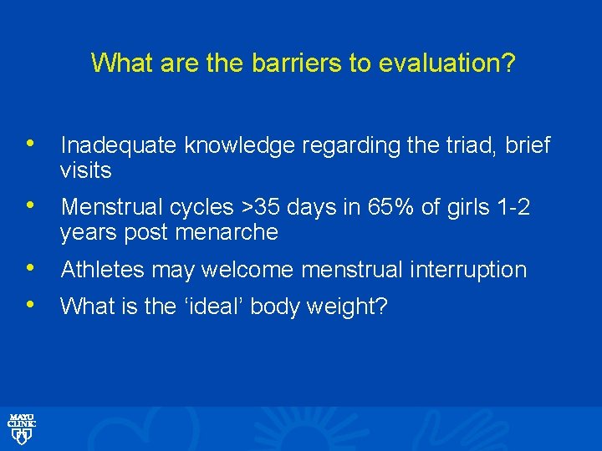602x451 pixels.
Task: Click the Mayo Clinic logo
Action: click(x=22, y=427)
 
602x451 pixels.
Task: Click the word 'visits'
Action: click(x=85, y=171)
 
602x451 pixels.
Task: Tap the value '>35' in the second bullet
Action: click(x=245, y=207)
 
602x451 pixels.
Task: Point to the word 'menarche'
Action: click(x=227, y=232)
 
